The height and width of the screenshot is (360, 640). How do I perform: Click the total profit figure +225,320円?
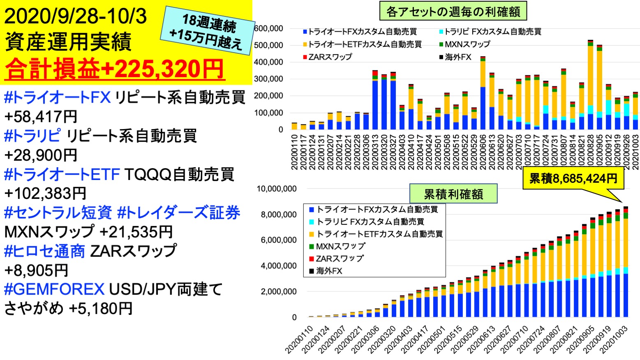point(162,69)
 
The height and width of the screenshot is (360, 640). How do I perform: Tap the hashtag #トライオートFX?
point(57,97)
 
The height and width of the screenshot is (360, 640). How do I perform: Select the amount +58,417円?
point(41,117)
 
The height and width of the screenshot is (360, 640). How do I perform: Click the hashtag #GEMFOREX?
point(54,289)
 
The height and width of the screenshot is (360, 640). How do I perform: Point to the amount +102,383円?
point(45,193)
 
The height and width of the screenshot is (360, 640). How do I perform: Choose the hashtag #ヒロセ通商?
point(44,251)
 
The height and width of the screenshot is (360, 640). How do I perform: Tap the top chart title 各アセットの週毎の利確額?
point(453,12)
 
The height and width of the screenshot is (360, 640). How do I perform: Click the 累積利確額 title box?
point(453,194)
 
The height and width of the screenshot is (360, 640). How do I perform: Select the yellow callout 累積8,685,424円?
point(573,178)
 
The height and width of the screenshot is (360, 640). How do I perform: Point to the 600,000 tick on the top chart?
point(269,28)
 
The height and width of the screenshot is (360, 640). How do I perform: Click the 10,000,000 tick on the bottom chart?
point(276,189)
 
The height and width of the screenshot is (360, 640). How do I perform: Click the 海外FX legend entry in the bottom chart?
point(329,271)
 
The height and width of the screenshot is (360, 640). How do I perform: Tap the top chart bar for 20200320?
point(384,102)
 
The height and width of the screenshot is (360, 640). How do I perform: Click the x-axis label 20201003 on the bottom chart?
point(613,339)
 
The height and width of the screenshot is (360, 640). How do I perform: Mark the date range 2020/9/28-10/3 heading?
point(76,16)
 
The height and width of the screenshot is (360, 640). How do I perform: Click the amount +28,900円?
point(41,155)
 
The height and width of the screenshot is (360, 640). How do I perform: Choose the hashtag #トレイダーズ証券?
point(178,212)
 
